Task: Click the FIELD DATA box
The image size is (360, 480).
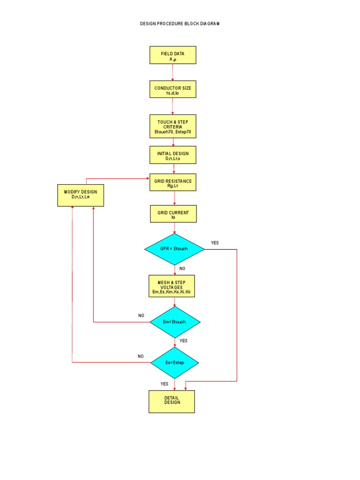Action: pos(172,55)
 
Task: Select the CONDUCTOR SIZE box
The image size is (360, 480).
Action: pos(172,89)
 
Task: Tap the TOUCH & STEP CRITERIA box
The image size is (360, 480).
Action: pos(172,127)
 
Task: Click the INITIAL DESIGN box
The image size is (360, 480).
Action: pos(172,155)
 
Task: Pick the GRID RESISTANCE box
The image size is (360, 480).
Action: pos(172,182)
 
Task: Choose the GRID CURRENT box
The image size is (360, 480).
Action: pos(173,214)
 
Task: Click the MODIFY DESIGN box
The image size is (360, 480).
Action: pos(81,195)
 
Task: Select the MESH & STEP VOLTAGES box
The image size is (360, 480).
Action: pos(172,286)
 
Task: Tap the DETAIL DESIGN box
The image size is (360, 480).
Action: pos(172,402)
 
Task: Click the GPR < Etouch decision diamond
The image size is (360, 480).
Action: pos(174,249)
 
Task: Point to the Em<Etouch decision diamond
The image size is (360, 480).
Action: pos(175,322)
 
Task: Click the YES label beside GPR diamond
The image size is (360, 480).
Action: pos(215,243)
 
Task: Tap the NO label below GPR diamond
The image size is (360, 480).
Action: pos(183,269)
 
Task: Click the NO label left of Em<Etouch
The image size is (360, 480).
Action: pos(141,316)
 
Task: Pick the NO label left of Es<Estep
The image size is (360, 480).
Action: pos(141,356)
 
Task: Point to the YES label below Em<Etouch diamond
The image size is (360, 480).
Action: pos(183,341)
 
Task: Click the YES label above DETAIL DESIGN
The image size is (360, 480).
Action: pos(165,384)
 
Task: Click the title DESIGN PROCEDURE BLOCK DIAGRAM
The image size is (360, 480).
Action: pos(180,23)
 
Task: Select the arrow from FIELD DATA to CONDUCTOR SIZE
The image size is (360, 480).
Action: pos(172,72)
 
